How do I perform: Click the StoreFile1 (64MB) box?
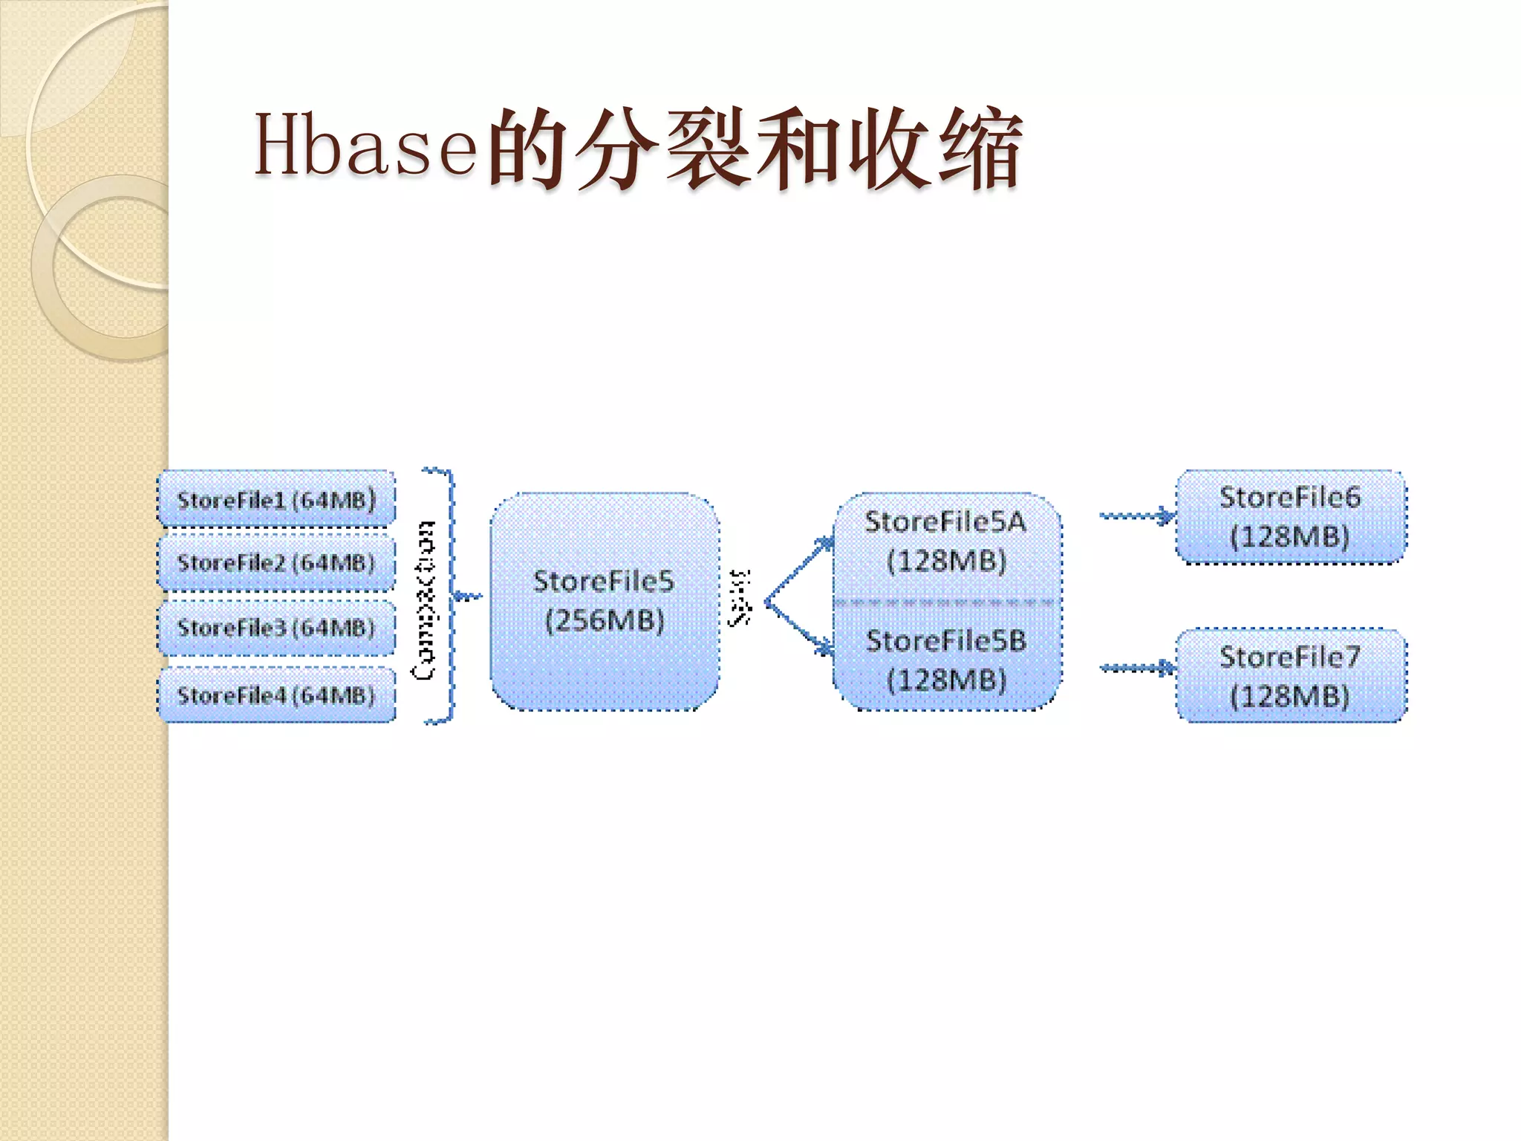[x=276, y=499]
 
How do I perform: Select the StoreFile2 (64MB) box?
[x=276, y=562]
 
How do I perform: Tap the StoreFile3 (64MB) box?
[x=276, y=628]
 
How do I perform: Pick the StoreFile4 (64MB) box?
[x=276, y=695]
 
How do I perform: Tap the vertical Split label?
[x=740, y=597]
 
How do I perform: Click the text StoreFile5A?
[x=945, y=521]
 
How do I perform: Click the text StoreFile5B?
[x=945, y=640]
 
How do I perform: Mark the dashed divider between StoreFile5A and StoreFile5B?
[x=945, y=602]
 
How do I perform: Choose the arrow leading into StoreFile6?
[x=1136, y=516]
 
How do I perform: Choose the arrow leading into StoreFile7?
[x=1136, y=669]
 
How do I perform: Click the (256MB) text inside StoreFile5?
[x=605, y=620]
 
